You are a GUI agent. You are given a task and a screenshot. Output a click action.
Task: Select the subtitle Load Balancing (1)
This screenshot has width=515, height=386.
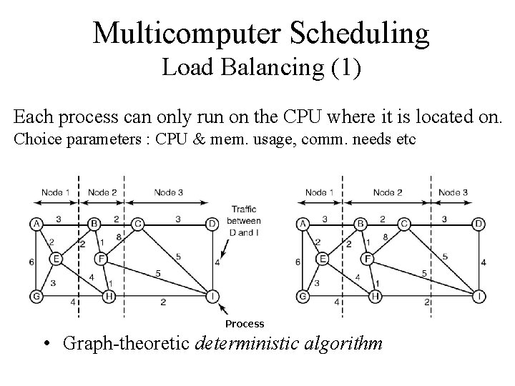point(261,69)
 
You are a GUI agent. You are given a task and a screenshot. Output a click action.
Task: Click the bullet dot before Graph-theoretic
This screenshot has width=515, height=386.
point(45,344)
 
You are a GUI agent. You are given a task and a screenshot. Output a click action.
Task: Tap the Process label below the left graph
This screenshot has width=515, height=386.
point(245,324)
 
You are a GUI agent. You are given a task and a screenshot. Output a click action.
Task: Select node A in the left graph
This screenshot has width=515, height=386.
point(36,224)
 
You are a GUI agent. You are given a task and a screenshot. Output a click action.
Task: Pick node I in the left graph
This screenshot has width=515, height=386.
point(212,295)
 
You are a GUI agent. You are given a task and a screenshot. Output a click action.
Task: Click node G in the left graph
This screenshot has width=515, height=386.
point(36,295)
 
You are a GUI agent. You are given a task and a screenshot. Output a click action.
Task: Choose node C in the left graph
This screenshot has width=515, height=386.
point(139,224)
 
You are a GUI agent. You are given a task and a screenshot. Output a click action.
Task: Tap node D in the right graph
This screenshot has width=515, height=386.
point(479,224)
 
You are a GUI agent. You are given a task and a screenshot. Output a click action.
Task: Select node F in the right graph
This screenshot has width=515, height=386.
point(368,258)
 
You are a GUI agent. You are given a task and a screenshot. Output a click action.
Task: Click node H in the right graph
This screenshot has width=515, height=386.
point(375,295)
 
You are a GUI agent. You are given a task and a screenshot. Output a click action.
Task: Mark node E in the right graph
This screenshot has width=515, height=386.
point(323,258)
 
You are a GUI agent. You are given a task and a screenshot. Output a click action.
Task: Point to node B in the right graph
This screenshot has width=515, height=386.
point(361,224)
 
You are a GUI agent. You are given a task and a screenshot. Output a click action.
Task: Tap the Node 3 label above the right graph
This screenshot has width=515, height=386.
point(453,192)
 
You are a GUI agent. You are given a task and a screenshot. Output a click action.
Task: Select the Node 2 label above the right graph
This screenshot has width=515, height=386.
point(387,192)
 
